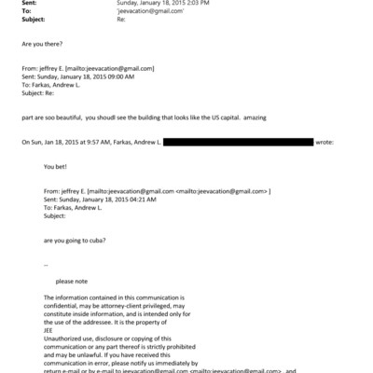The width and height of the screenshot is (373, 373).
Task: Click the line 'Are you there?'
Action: (40, 44)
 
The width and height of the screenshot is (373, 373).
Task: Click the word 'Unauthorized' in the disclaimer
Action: (64, 336)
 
